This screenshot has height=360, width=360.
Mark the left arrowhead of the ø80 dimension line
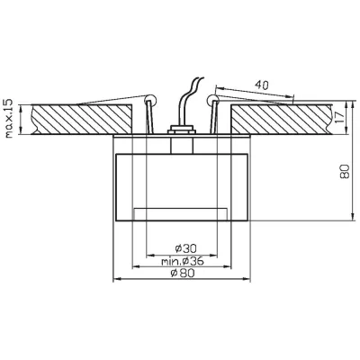pos(115,279)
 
